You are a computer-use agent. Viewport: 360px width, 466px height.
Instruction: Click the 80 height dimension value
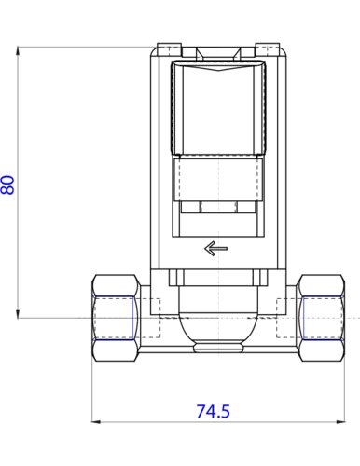point(8,185)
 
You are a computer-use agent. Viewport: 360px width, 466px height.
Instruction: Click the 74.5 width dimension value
point(214,411)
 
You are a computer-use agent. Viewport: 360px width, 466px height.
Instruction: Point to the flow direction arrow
point(215,248)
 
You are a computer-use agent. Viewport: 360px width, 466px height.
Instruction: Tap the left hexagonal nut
point(115,318)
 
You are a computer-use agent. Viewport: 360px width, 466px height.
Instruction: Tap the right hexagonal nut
point(321,318)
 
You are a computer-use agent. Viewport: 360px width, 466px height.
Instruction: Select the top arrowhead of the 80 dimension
point(18,51)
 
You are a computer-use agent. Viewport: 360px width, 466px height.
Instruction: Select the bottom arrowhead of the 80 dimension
point(18,313)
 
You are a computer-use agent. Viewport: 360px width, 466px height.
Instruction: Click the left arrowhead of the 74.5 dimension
point(96,421)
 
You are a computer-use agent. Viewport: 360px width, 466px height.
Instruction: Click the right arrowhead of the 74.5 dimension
point(340,421)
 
